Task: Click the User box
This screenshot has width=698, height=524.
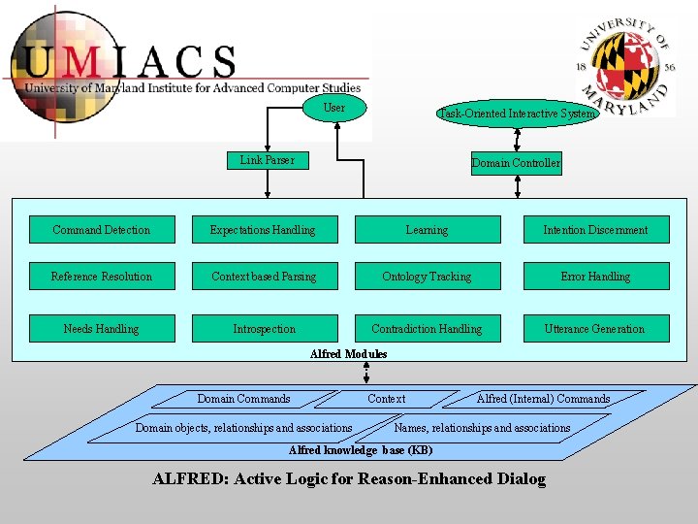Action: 333,109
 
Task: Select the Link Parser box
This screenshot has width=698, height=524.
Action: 268,160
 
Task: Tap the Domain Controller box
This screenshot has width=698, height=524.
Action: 516,163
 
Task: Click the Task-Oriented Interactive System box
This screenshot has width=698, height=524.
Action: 517,114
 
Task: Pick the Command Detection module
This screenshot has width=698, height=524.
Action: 102,230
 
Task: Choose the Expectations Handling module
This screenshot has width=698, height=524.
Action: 264,230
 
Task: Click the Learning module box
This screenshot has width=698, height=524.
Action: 427,230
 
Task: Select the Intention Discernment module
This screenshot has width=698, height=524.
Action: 595,230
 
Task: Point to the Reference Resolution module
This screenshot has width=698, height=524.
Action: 102,277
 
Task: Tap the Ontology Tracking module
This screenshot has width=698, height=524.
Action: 427,277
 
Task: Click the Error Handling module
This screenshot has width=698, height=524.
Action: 595,277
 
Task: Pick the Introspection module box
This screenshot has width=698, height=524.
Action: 264,329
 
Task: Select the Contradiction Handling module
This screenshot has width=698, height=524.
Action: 427,329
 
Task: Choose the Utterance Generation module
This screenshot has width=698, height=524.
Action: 595,329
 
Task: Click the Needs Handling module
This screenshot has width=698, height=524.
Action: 102,329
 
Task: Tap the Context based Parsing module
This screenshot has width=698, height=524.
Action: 264,277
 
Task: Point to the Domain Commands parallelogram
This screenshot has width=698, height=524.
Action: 243,399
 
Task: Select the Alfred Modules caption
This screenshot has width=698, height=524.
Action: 348,354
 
